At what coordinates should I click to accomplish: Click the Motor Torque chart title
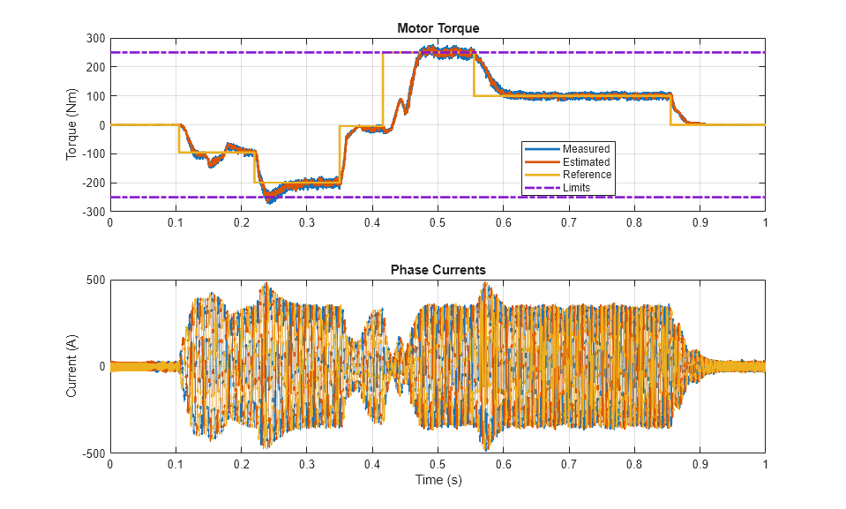tap(438, 28)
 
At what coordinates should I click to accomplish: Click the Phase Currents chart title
tap(438, 269)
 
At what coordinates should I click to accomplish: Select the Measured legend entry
tap(586, 148)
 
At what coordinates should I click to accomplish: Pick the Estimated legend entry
tap(586, 161)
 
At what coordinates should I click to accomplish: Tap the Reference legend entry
tap(587, 175)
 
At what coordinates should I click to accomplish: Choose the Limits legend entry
tap(577, 188)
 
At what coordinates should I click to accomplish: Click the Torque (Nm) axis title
tap(71, 125)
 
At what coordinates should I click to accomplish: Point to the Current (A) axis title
tap(71, 367)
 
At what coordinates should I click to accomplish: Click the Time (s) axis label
tap(438, 481)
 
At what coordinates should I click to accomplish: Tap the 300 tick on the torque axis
tap(94, 39)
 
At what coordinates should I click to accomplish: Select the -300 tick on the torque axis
tap(93, 212)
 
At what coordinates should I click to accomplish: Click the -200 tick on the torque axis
tap(93, 183)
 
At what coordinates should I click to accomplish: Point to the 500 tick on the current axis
tap(94, 281)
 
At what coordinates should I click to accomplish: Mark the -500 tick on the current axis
tap(93, 453)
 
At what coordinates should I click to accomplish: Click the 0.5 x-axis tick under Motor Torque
tap(438, 223)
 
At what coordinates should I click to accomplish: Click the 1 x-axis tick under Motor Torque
tap(765, 223)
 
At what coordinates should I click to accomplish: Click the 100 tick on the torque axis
tap(94, 96)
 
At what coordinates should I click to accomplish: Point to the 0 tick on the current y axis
tap(101, 367)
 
